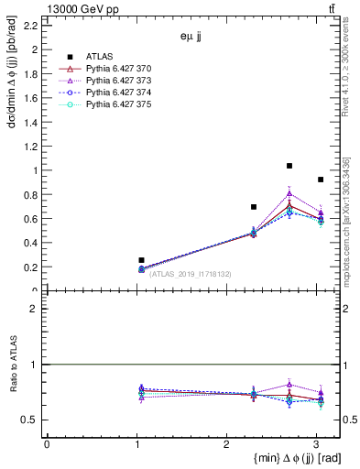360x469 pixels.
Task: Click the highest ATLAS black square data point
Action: [289, 166]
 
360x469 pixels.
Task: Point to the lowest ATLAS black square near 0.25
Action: [141, 260]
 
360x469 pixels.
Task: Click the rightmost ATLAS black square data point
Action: [321, 180]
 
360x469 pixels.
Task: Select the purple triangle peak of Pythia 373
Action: [289, 193]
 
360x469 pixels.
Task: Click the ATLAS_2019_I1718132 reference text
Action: [191, 273]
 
